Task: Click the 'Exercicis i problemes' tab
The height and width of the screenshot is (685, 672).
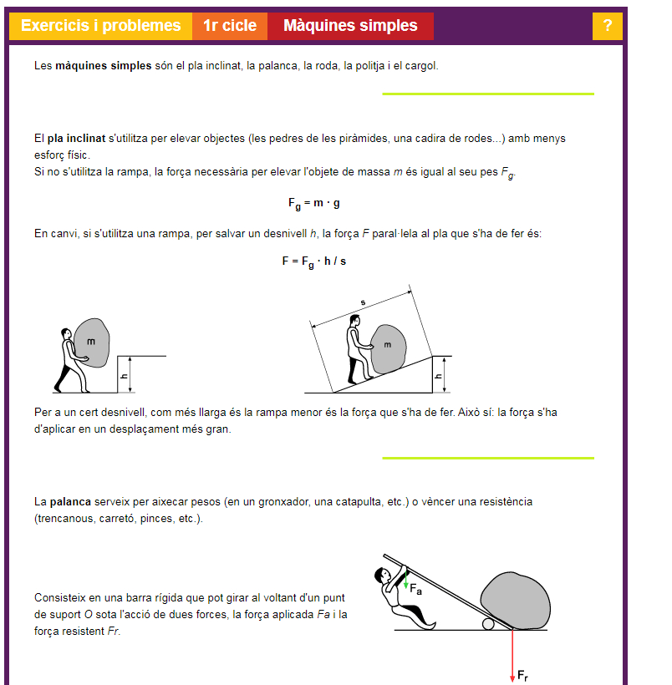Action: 100,26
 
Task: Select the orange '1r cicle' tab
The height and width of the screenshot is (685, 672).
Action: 230,26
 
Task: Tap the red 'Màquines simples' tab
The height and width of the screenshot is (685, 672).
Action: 350,26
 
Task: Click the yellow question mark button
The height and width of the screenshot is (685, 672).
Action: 608,26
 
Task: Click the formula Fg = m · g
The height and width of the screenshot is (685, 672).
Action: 313,204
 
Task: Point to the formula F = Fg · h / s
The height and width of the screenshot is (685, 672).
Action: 313,261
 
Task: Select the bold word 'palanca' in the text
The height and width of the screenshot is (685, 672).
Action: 69,502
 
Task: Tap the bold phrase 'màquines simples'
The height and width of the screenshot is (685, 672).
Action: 104,65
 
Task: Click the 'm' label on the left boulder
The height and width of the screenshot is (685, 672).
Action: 91,342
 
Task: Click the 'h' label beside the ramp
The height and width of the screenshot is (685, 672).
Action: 439,376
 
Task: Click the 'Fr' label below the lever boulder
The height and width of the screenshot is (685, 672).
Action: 522,675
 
